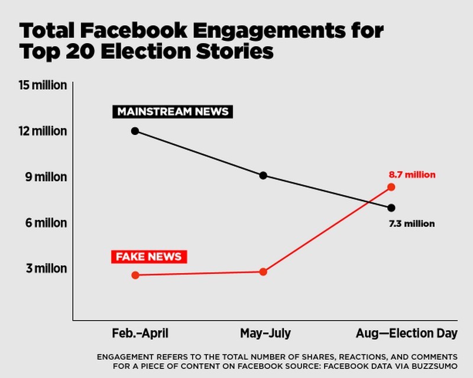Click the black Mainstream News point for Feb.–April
click(x=135, y=131)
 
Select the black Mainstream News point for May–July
click(x=263, y=176)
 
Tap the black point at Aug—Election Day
click(x=391, y=208)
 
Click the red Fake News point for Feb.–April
click(x=135, y=275)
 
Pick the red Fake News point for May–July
click(x=263, y=272)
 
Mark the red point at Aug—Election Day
click(x=391, y=187)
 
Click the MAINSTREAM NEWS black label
click(x=173, y=112)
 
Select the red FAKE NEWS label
click(x=149, y=257)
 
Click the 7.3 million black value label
click(x=412, y=224)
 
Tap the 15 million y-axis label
click(x=43, y=85)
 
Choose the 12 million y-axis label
click(x=43, y=131)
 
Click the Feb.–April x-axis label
click(x=140, y=334)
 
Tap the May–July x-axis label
click(x=265, y=334)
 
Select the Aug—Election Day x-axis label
click(x=406, y=334)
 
